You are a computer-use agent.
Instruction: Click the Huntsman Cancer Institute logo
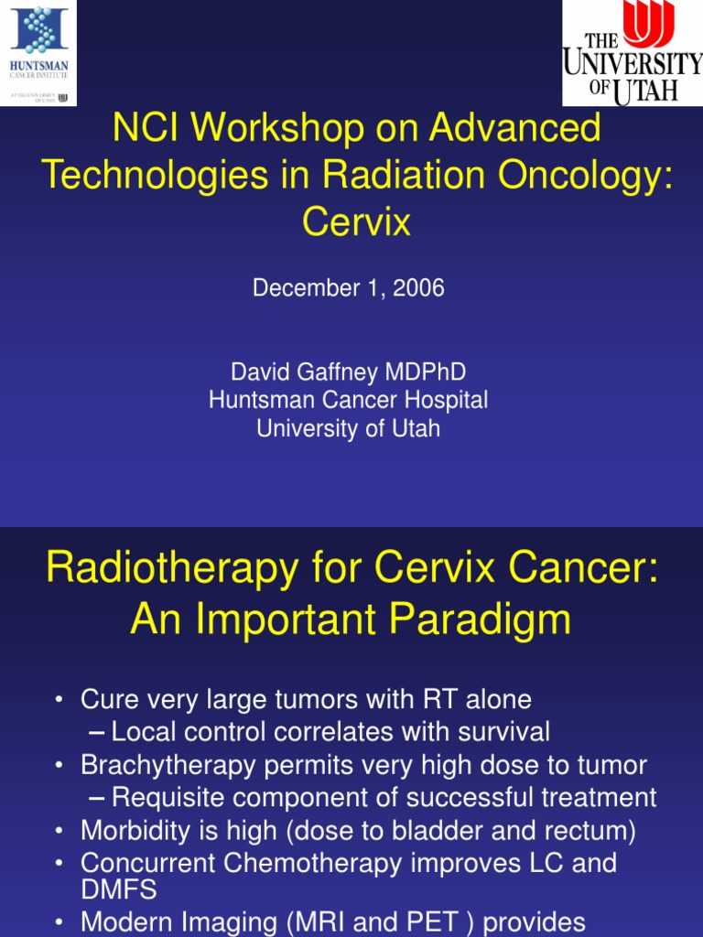(x=38, y=52)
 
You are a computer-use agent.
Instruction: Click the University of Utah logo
(x=632, y=52)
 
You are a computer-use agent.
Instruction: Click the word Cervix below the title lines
(x=357, y=222)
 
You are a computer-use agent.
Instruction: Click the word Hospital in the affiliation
(x=447, y=400)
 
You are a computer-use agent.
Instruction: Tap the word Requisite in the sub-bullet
(x=164, y=798)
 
